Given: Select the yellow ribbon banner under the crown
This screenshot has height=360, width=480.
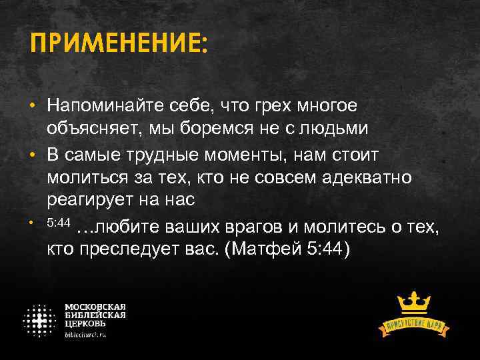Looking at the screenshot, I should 414,325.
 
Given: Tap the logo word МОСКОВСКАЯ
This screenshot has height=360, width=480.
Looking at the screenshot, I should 95,307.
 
